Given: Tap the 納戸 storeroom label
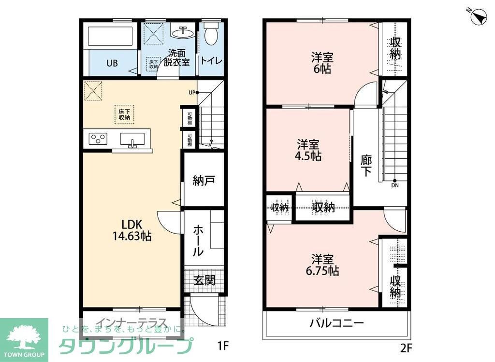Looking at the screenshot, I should coord(204,181).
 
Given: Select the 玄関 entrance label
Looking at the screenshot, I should coord(205,280).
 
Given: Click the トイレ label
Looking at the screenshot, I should coord(209,60).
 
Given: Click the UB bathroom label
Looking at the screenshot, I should coord(113,63).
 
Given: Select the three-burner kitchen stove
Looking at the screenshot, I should coord(98,139).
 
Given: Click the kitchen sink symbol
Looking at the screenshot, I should coord(131,139).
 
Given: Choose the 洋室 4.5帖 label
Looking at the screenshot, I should coord(309,150).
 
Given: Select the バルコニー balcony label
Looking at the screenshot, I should coord(336,323).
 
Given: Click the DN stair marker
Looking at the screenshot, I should coord(395,183).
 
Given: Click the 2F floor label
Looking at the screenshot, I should coord(406,346).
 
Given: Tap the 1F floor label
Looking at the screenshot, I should coord(222,346).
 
